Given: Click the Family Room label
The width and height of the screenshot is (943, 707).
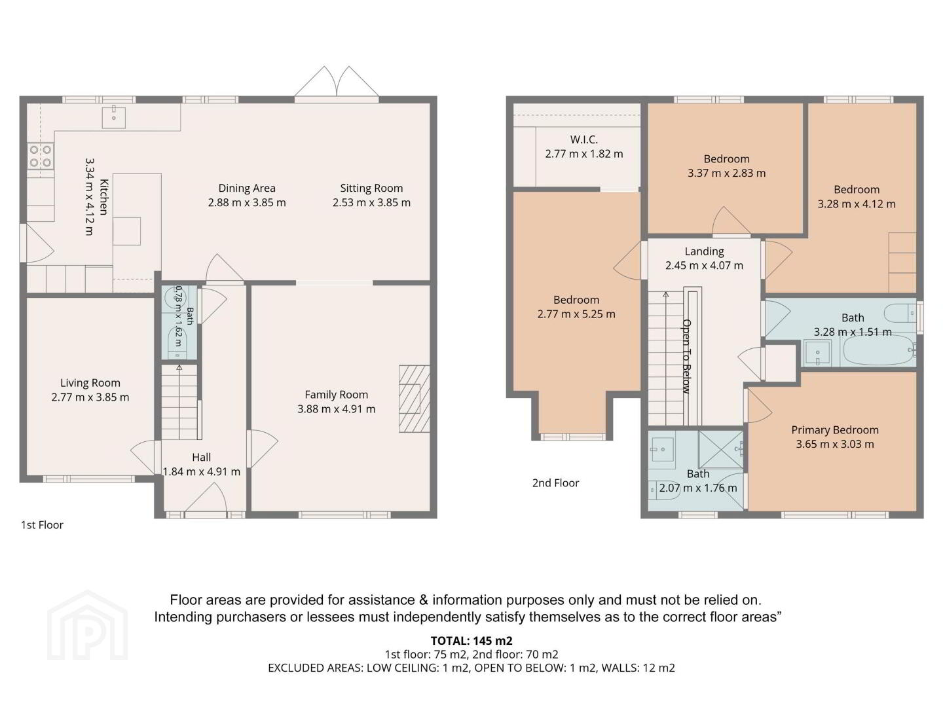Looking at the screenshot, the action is (x=336, y=395).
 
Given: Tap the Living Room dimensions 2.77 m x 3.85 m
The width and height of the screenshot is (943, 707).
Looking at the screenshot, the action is (x=90, y=397).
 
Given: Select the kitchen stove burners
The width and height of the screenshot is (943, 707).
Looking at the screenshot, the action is (x=41, y=156).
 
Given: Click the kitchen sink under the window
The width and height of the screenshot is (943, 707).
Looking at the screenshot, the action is (x=114, y=117).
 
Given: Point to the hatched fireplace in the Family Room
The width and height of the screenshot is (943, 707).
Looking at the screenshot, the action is (x=414, y=399).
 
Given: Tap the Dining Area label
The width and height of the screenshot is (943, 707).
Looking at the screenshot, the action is (x=247, y=188).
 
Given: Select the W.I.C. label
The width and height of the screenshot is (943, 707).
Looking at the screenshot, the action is (x=584, y=139).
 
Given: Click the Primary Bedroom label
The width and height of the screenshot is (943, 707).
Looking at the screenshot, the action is (x=835, y=429).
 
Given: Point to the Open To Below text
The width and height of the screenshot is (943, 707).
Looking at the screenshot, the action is (x=686, y=356).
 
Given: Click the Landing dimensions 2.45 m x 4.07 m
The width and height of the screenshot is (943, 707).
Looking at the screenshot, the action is (x=704, y=265).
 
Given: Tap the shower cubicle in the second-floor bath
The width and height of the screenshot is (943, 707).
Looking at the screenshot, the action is (x=721, y=449).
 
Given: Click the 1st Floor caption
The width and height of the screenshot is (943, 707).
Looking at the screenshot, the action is (x=42, y=524).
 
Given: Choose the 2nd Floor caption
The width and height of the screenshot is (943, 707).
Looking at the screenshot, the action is (x=555, y=483).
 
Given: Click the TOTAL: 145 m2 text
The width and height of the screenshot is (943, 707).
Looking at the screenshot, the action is (x=471, y=641).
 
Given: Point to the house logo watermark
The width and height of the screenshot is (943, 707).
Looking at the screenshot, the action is (x=87, y=626).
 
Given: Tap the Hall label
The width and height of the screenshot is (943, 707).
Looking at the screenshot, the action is (x=202, y=457).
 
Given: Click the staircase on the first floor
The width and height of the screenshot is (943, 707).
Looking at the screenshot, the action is (x=179, y=402).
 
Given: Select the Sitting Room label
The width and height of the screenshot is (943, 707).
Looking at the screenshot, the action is (x=371, y=188).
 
